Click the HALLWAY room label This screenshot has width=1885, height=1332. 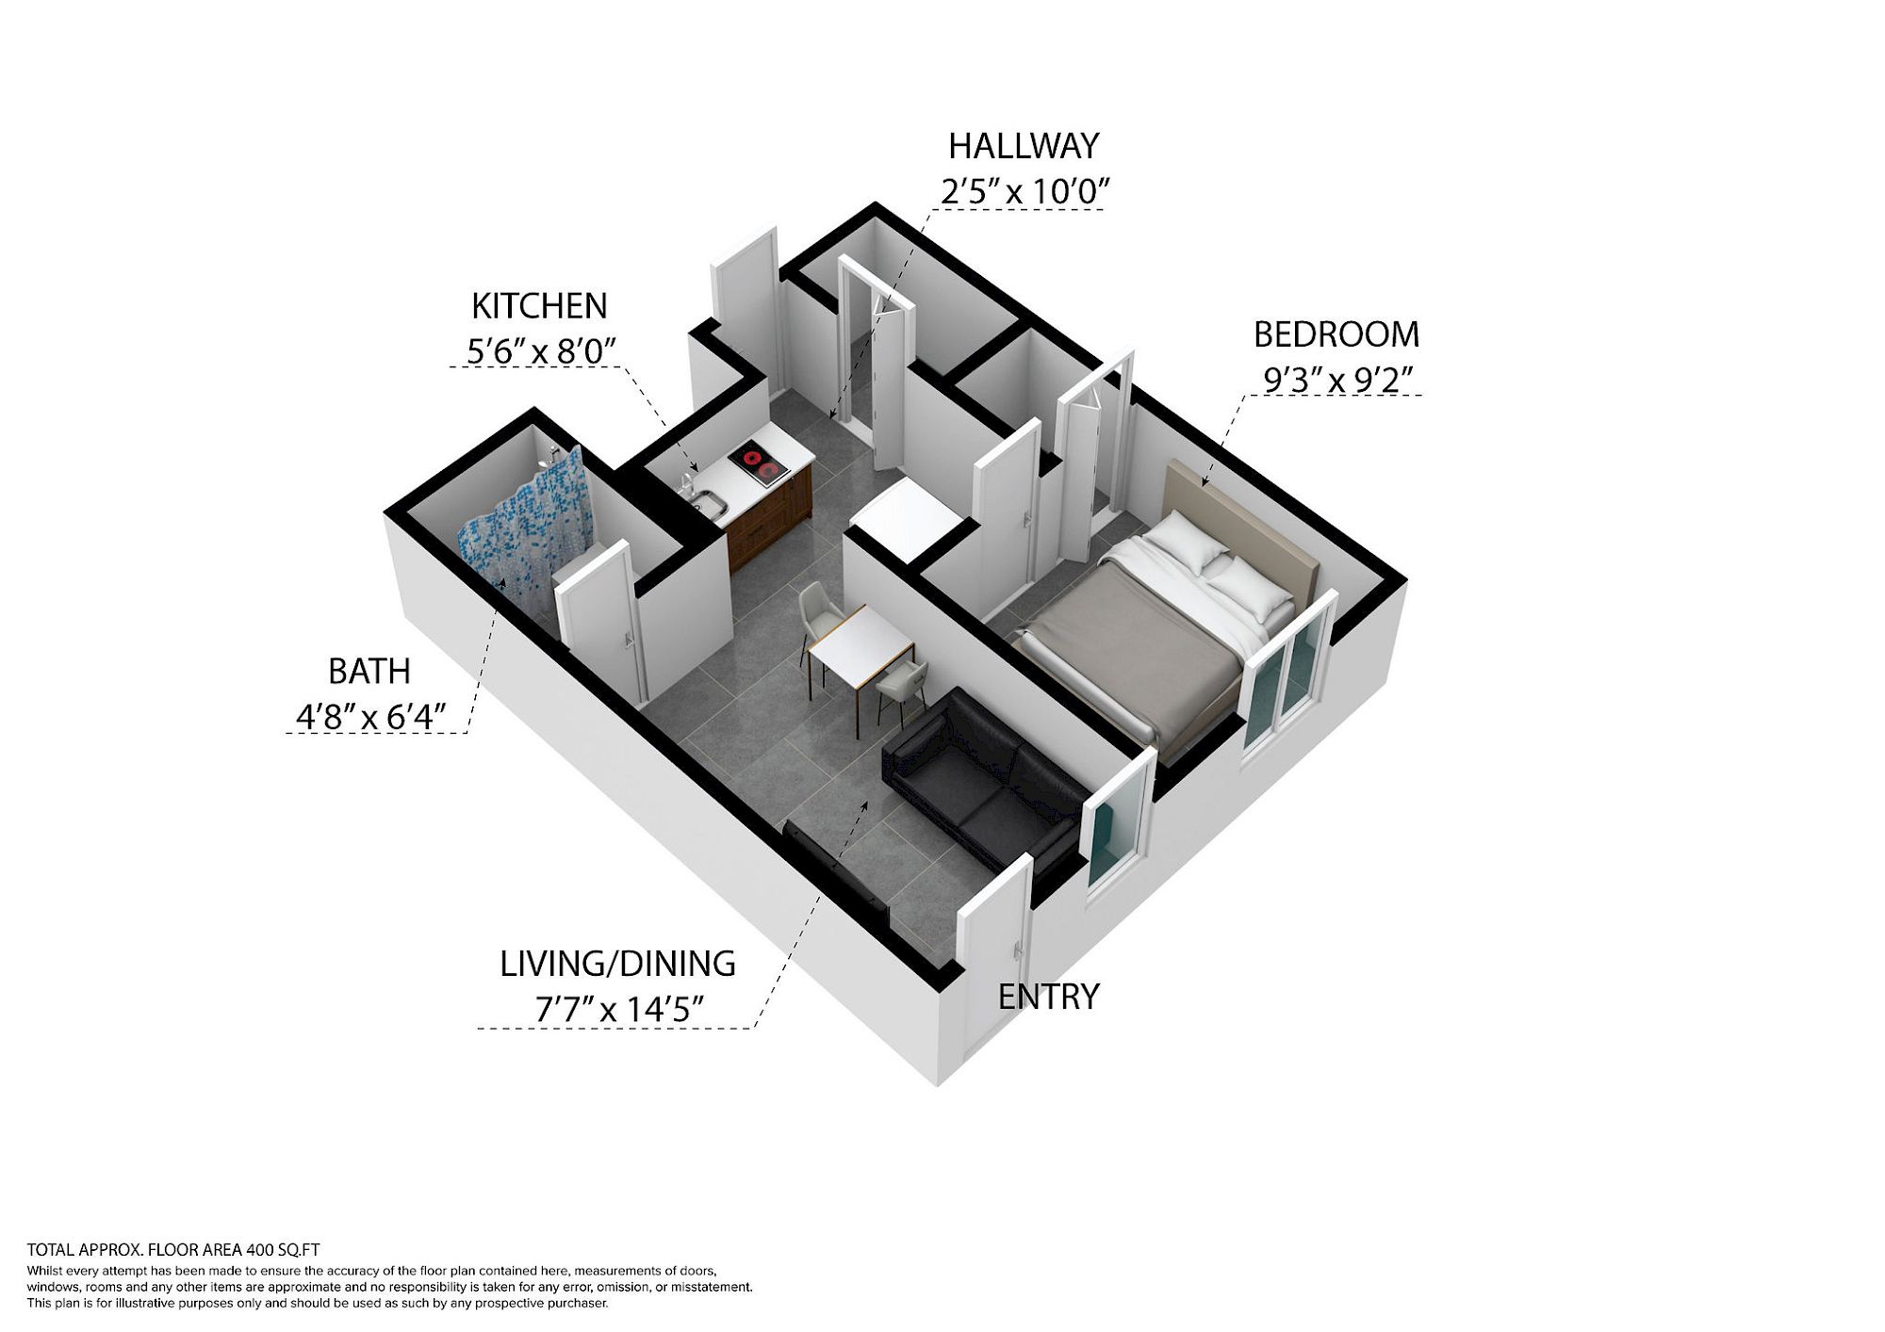(x=1024, y=146)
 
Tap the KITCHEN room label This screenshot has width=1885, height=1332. (x=539, y=306)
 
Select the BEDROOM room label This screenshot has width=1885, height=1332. (x=1336, y=334)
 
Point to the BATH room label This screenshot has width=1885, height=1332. (x=369, y=672)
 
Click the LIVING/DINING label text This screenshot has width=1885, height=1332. (x=617, y=964)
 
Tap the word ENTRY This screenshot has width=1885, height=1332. (x=1049, y=997)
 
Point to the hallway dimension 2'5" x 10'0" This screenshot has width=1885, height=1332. (x=1024, y=191)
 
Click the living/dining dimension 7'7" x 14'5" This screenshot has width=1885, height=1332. (x=620, y=1010)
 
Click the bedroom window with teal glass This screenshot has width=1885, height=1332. (x=1287, y=670)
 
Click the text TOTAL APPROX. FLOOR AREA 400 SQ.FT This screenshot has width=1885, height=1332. (x=173, y=1250)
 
